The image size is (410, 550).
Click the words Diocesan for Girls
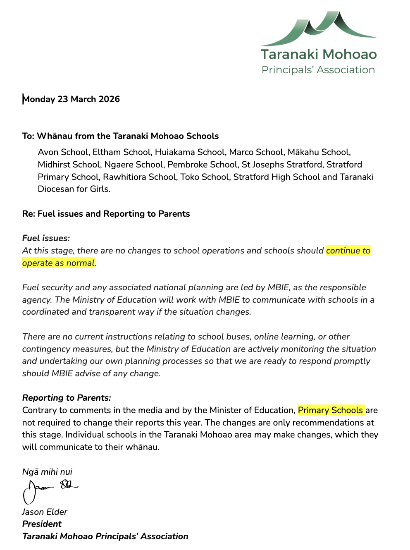point(74,189)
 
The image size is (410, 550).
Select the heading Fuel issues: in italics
point(46,238)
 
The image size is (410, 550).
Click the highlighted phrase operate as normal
point(58,263)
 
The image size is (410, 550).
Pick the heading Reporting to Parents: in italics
point(67,398)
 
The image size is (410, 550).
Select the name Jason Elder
point(45,512)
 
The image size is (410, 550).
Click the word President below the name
point(42,524)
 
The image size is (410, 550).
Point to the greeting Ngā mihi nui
point(47,472)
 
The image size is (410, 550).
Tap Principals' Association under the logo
point(318,70)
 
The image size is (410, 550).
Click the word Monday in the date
point(39,99)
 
